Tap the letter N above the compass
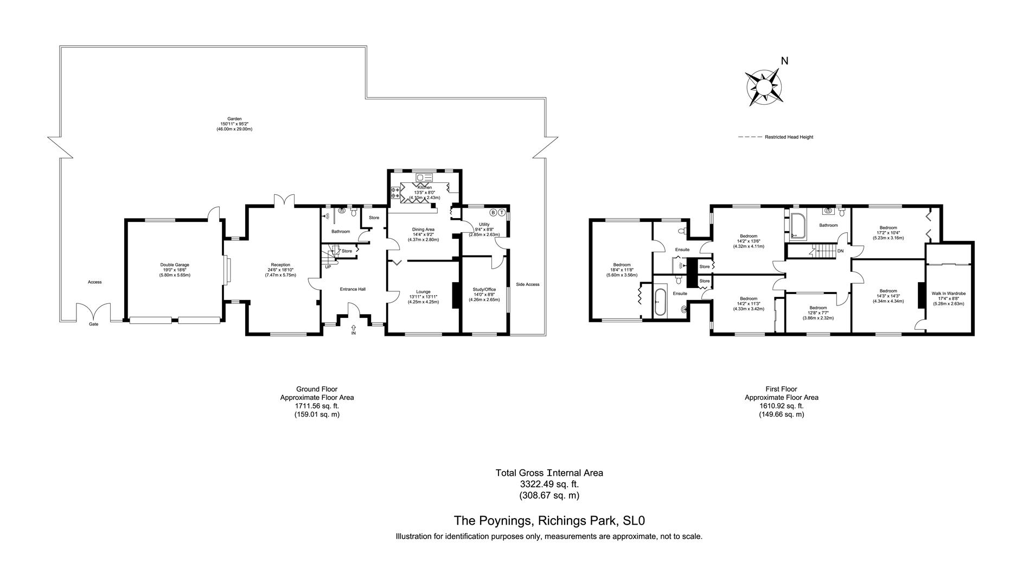pyautogui.click(x=784, y=61)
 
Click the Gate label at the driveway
pyautogui.click(x=94, y=324)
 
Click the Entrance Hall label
pyautogui.click(x=353, y=289)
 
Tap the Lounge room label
pyautogui.click(x=423, y=292)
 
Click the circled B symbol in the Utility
pyautogui.click(x=493, y=212)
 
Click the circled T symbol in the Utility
pyautogui.click(x=502, y=212)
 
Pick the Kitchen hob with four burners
pyautogui.click(x=395, y=193)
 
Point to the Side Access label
pyautogui.click(x=527, y=284)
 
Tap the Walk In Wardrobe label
pyautogui.click(x=948, y=294)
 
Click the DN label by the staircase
pyautogui.click(x=840, y=251)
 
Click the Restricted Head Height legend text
pyautogui.click(x=789, y=137)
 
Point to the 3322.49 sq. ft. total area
pyautogui.click(x=549, y=484)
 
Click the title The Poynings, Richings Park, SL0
pyautogui.click(x=549, y=521)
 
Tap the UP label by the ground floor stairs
pyautogui.click(x=328, y=267)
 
